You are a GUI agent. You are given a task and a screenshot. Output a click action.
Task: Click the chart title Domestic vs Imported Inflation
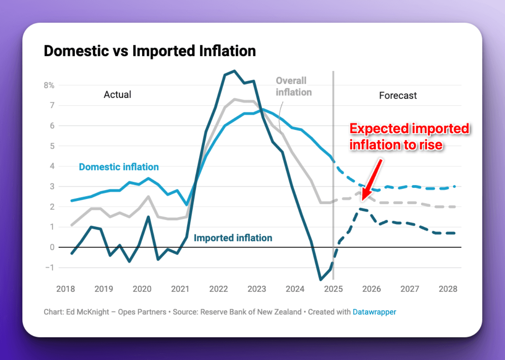point(150,51)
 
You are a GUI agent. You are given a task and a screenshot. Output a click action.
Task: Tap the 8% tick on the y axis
point(49,85)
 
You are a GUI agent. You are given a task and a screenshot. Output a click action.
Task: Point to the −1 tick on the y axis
point(50,268)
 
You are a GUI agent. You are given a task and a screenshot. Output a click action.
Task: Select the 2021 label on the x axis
point(180,289)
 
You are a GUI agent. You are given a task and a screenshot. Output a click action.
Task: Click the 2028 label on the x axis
point(448,289)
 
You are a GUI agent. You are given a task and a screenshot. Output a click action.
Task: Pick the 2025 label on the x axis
point(333,289)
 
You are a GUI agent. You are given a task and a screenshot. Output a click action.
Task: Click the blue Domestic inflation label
point(119,167)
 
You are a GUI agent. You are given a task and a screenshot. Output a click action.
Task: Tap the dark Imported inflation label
point(233,238)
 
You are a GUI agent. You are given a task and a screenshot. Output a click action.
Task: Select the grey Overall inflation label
point(293,87)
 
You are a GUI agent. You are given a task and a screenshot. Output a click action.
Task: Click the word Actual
point(117,95)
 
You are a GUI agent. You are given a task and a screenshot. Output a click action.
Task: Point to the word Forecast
point(398,96)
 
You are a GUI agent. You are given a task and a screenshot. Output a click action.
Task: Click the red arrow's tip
point(363,199)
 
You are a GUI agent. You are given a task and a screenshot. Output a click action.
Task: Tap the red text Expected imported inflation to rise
point(409,137)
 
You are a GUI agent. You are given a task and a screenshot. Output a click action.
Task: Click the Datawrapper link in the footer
point(374,312)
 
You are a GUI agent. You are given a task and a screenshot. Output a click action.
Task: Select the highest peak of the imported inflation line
point(234,71)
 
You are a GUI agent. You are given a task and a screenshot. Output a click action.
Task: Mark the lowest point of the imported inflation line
point(321,280)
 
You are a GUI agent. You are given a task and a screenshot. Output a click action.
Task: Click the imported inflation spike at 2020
point(148,217)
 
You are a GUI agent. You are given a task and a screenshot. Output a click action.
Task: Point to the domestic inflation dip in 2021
point(186,205)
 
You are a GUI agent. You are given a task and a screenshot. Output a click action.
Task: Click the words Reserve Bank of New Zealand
point(251,312)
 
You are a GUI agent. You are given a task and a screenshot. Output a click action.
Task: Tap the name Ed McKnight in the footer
point(87,312)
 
